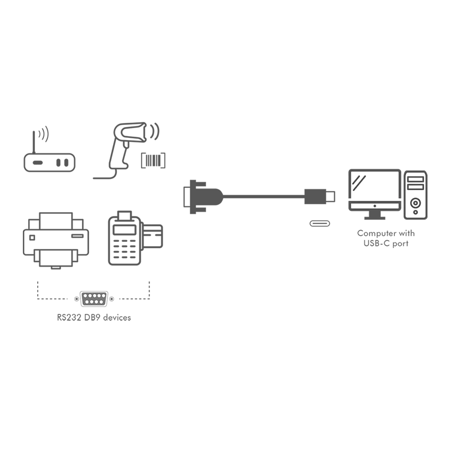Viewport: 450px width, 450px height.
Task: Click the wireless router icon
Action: [x=49, y=163]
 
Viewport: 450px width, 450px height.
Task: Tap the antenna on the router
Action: [x=34, y=142]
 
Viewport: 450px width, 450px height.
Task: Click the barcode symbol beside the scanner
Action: [x=153, y=160]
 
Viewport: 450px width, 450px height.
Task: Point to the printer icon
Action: [x=56, y=241]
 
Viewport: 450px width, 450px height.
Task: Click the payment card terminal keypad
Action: [x=124, y=249]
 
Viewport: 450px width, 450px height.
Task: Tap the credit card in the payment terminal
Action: [x=152, y=236]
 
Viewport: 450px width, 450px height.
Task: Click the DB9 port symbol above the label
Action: [x=94, y=299]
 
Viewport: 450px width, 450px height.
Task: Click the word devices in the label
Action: [x=117, y=317]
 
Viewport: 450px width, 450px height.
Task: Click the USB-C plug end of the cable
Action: [x=319, y=196]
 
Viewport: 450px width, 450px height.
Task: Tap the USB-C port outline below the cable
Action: [x=319, y=223]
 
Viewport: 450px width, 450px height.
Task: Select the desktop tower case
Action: [x=416, y=195]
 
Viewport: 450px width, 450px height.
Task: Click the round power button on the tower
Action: [x=415, y=203]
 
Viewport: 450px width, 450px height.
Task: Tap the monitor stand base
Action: [x=375, y=218]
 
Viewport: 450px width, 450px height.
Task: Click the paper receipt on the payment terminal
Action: [x=124, y=216]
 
